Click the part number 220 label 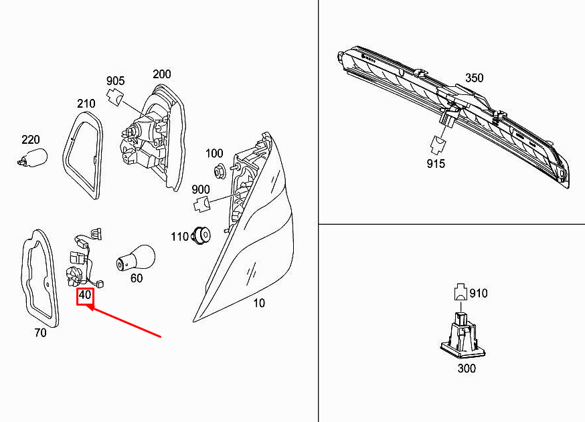tap(31, 140)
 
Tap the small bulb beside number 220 tap(32, 157)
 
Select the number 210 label tap(86, 104)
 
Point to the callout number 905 tap(116, 81)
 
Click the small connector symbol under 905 tap(115, 97)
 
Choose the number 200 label tap(162, 74)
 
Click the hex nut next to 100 tap(218, 171)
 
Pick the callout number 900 tap(201, 189)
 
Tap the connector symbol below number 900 tap(201, 204)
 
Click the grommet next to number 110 tap(201, 235)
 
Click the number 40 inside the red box tap(85, 295)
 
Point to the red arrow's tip tap(86, 306)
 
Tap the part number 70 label tap(40, 332)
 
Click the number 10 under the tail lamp tap(259, 303)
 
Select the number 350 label tap(474, 78)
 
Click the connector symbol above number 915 tap(439, 144)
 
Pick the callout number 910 tap(479, 294)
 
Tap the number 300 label tap(467, 368)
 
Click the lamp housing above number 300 tap(463, 335)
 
